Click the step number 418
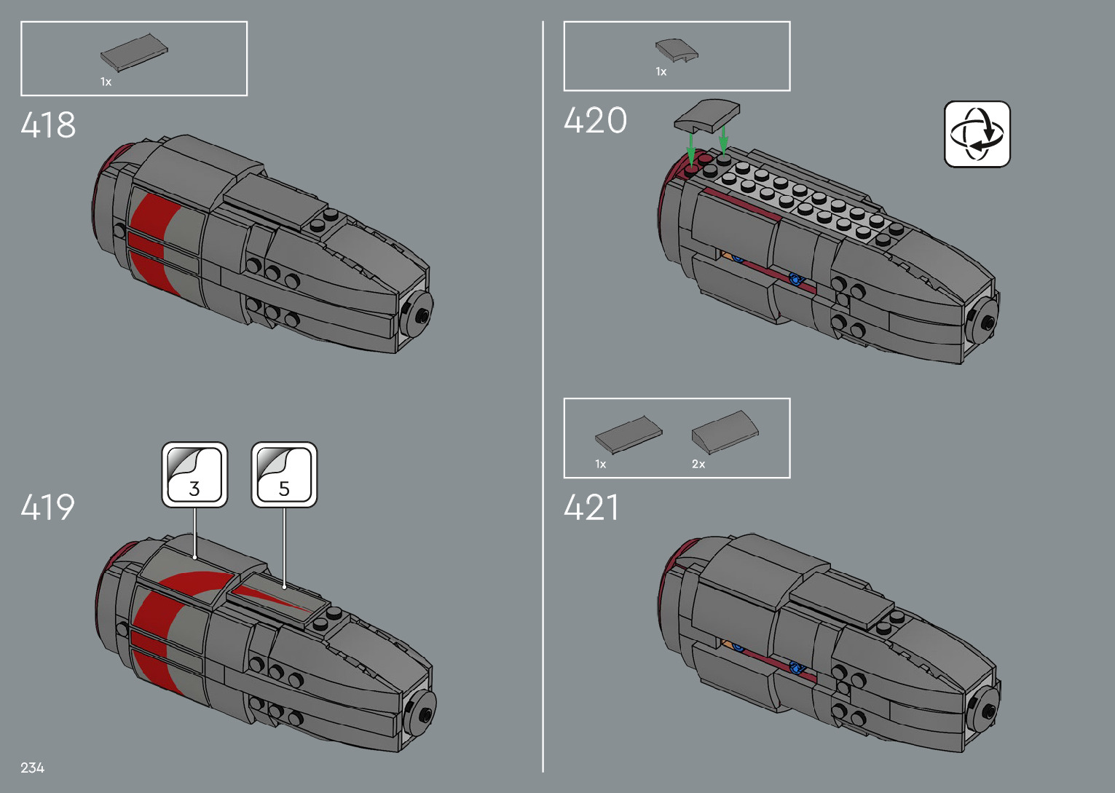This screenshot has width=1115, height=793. click(48, 125)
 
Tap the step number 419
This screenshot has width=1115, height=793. click(48, 507)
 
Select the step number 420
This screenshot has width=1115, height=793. click(595, 120)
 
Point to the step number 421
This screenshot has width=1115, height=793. click(591, 507)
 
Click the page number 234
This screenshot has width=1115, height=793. click(33, 768)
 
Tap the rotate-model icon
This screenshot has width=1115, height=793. click(977, 134)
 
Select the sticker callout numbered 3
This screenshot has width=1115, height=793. click(194, 474)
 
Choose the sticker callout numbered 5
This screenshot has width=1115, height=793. click(284, 474)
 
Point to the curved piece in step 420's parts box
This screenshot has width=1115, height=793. click(677, 50)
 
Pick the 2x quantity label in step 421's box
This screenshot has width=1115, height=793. click(698, 464)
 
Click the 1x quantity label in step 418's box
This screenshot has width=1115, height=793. click(106, 82)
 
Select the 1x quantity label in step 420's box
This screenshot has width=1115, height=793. click(661, 71)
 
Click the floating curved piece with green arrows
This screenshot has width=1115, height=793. click(707, 115)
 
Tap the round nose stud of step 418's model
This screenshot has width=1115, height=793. click(421, 313)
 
